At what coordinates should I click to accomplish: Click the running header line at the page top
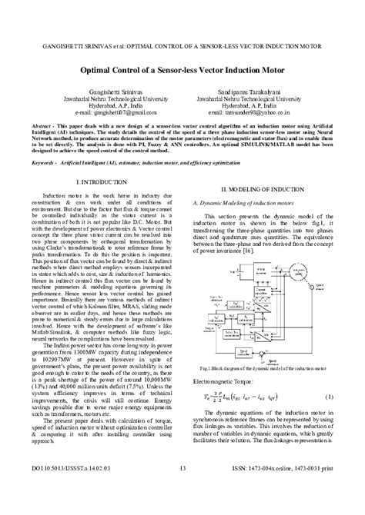click(x=182, y=35)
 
